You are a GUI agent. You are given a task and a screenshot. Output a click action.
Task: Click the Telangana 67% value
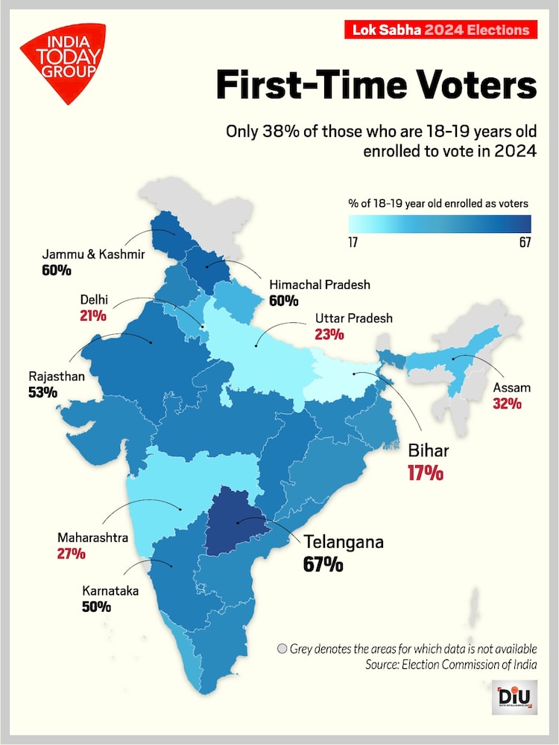(x=323, y=564)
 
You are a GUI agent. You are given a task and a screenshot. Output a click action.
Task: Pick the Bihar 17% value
(x=425, y=472)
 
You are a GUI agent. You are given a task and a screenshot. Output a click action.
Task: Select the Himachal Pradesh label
(x=319, y=285)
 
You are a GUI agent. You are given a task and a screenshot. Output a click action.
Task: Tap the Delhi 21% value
(x=93, y=316)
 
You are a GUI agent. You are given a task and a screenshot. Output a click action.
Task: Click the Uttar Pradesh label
(x=353, y=319)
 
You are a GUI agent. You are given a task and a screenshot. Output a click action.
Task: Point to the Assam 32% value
(x=507, y=404)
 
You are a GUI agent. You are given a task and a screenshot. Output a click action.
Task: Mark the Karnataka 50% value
(x=96, y=606)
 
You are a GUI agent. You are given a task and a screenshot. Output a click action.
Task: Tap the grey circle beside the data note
(x=282, y=648)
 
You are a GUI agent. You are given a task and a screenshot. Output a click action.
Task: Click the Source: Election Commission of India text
(x=451, y=664)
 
